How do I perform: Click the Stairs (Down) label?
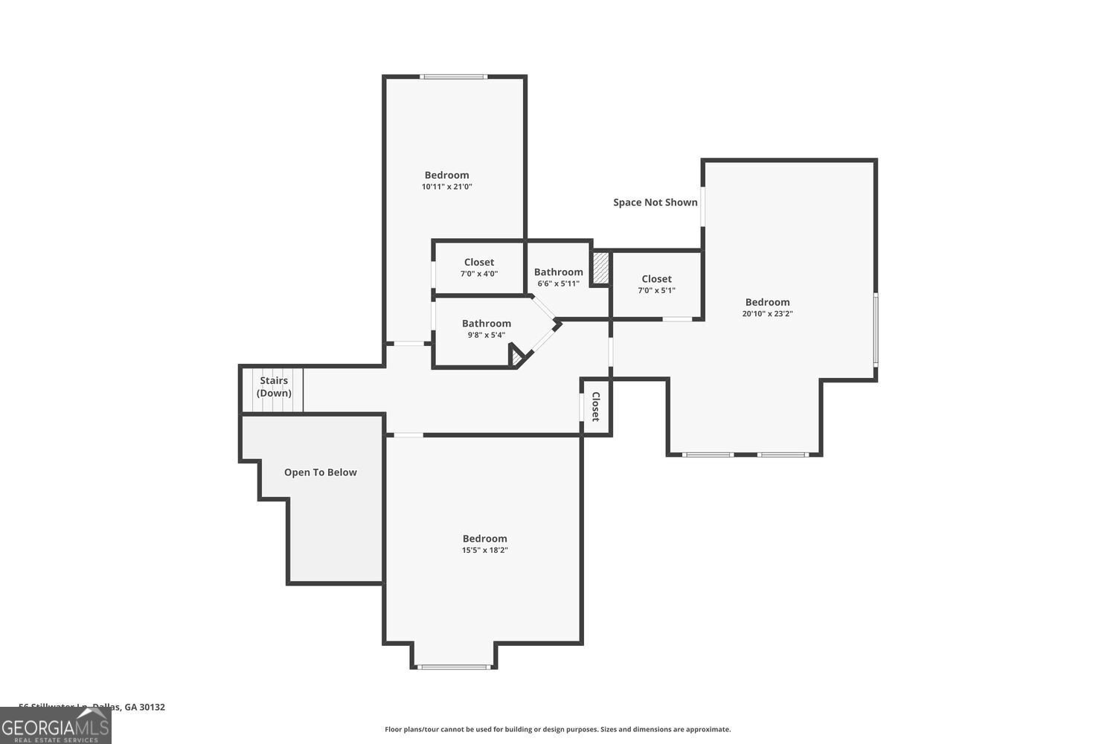click(x=274, y=387)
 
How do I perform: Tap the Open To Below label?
click(x=320, y=472)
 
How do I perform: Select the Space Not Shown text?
click(x=655, y=202)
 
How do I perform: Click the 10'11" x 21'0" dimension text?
click(x=446, y=187)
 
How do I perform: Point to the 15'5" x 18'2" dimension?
click(x=484, y=551)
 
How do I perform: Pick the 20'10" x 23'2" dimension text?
click(x=767, y=314)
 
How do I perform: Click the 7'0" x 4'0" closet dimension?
click(x=478, y=274)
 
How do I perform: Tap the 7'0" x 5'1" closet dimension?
click(x=656, y=291)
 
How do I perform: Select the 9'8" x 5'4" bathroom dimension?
click(x=486, y=335)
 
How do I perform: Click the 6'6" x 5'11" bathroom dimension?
click(x=558, y=283)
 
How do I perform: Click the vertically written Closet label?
click(x=596, y=407)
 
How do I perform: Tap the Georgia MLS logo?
click(x=55, y=725)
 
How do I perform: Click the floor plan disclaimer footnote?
click(x=557, y=730)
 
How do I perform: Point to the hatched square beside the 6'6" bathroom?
click(x=600, y=268)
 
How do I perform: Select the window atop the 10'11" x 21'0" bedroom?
click(x=453, y=77)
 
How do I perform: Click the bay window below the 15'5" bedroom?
click(x=454, y=667)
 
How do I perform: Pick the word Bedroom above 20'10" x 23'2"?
click(x=767, y=302)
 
